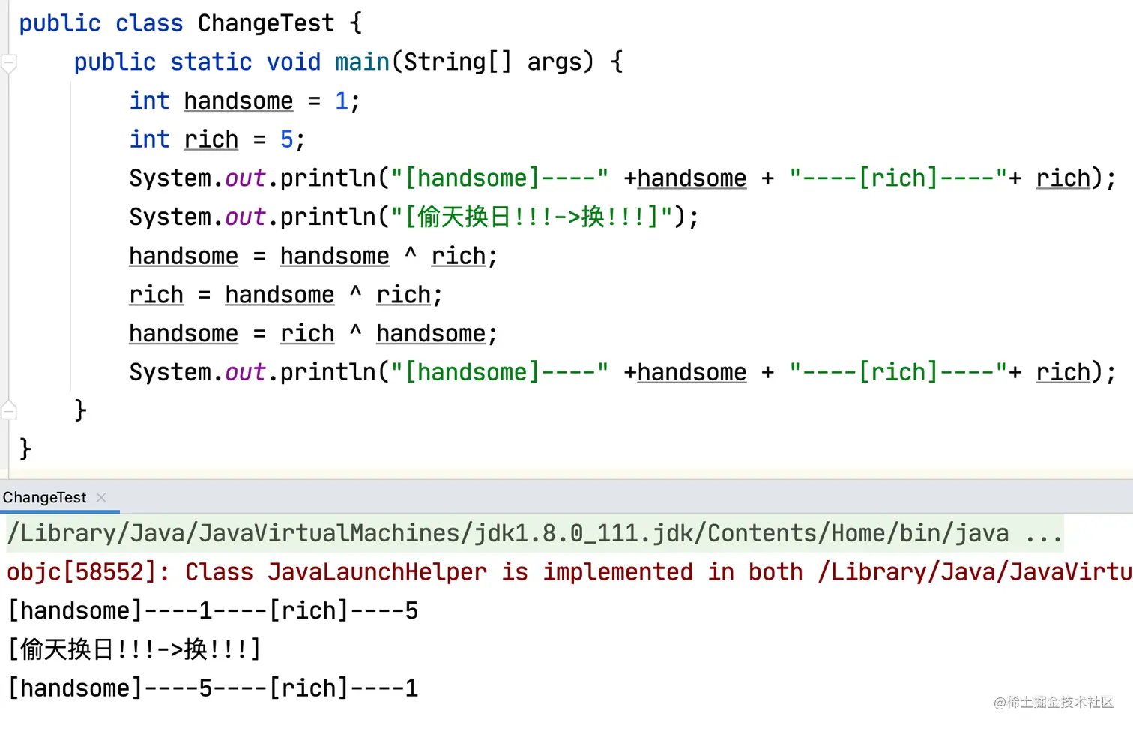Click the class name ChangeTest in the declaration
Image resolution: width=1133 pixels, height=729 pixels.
pyautogui.click(x=265, y=23)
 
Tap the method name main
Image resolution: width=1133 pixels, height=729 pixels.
pyautogui.click(x=362, y=61)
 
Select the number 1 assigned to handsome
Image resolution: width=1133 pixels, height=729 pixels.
pyautogui.click(x=342, y=100)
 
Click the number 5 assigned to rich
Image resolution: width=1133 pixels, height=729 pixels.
pyautogui.click(x=287, y=139)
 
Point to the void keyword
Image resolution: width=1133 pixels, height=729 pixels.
pyautogui.click(x=294, y=61)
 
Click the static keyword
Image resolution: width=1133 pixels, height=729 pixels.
pyautogui.click(x=211, y=61)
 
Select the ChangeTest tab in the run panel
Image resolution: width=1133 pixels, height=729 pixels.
pyautogui.click(x=45, y=497)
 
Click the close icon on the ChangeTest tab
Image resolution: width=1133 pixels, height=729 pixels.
pyautogui.click(x=101, y=497)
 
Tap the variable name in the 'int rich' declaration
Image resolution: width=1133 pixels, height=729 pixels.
pyautogui.click(x=211, y=139)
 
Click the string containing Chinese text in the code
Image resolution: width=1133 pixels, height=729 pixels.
pyautogui.click(x=531, y=217)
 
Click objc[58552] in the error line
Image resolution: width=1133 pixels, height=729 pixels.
pyautogui.click(x=86, y=572)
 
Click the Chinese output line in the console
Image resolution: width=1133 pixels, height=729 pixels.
pyautogui.click(x=135, y=649)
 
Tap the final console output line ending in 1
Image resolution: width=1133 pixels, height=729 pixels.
pyautogui.click(x=213, y=688)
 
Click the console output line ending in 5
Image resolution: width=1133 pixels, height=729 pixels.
pyautogui.click(x=213, y=611)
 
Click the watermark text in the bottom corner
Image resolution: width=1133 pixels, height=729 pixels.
pyautogui.click(x=1053, y=702)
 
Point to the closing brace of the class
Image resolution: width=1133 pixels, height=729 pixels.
pyautogui.click(x=25, y=448)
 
